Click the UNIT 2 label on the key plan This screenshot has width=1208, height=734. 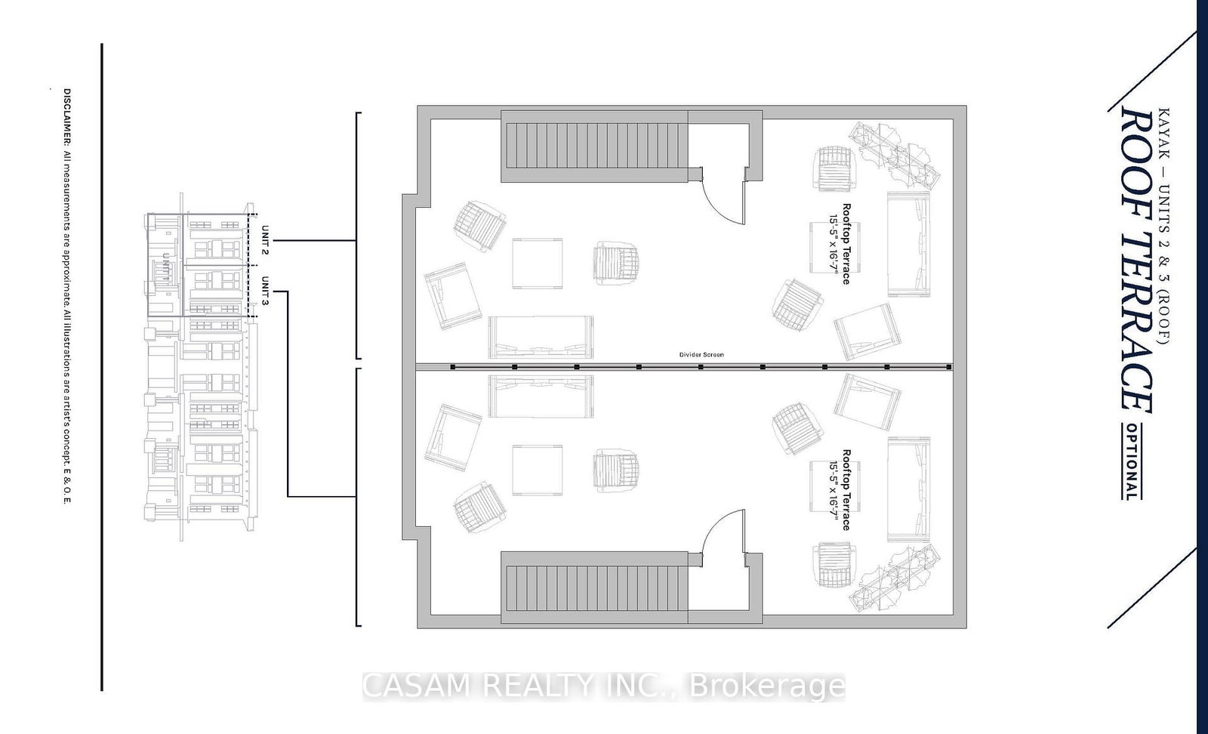[265, 239]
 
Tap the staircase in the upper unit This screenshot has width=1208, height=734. [595, 146]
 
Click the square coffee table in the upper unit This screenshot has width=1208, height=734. [538, 263]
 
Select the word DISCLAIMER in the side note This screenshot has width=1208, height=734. [66, 118]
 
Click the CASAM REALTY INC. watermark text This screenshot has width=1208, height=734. [604, 686]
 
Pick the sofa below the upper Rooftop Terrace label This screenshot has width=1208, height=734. [908, 244]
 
